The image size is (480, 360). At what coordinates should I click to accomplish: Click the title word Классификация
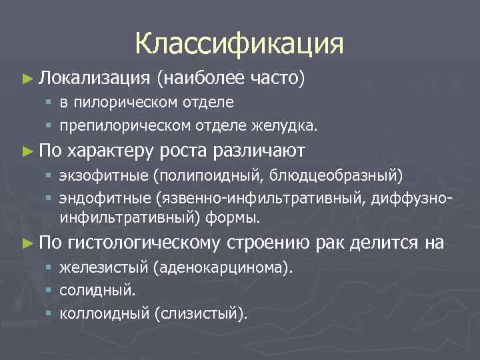[239, 43]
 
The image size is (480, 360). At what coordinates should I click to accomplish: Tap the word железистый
[103, 267]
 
